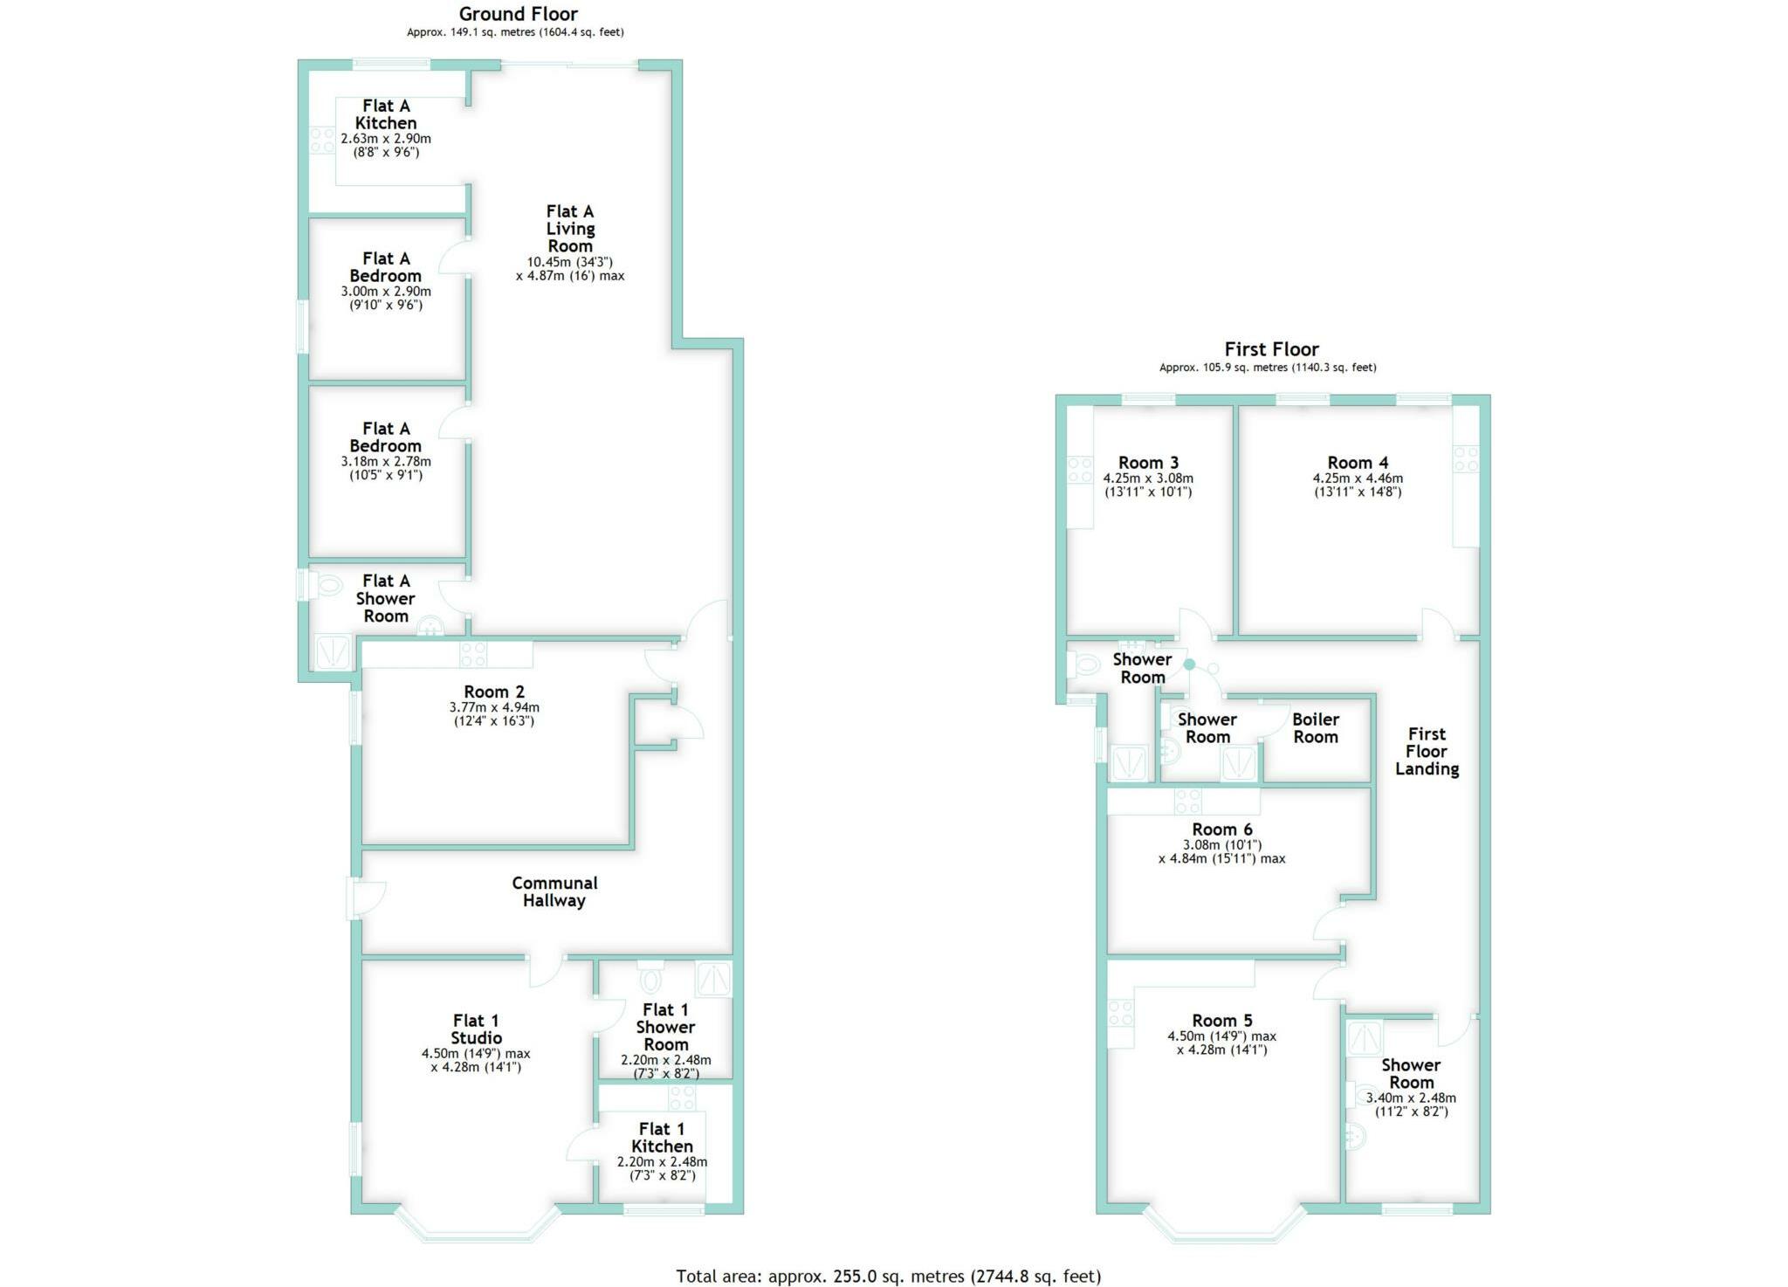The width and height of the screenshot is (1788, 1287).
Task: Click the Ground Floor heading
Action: point(518,14)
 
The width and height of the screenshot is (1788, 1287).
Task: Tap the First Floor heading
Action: point(1270,349)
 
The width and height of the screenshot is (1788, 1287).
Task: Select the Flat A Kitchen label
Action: point(385,114)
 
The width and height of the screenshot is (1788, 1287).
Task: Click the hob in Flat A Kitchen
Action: point(321,140)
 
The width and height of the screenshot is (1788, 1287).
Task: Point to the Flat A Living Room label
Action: point(570,229)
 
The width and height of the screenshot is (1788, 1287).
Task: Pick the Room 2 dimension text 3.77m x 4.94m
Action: point(494,707)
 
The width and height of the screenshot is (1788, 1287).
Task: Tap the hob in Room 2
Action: point(473,654)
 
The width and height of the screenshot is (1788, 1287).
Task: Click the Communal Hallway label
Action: point(554,891)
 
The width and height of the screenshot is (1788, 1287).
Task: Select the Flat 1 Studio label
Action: point(476,1029)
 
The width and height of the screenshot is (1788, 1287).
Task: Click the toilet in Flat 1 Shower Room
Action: point(650,979)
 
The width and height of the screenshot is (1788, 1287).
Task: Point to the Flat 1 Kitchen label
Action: point(662,1137)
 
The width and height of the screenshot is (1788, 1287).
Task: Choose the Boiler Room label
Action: point(1315,727)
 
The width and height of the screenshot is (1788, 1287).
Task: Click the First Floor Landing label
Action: point(1427,751)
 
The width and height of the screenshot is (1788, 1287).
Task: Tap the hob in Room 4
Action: point(1466,458)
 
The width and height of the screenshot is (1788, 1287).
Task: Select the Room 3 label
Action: point(1148,463)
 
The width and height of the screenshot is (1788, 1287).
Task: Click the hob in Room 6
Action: point(1187,800)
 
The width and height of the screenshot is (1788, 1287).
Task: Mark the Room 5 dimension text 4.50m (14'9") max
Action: point(1221,1036)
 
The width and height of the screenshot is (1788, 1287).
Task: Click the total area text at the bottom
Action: point(888,1277)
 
